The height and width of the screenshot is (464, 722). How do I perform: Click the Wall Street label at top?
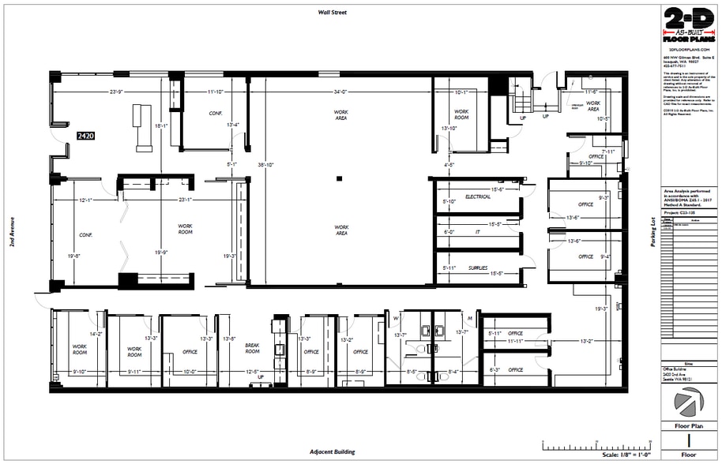[333, 13]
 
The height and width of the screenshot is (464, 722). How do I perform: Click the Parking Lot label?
[652, 233]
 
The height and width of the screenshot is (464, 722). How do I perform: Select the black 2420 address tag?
[85, 136]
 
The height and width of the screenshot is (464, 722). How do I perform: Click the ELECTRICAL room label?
[478, 196]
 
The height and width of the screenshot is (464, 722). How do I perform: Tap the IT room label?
[478, 232]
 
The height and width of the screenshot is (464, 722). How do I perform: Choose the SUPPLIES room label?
[478, 268]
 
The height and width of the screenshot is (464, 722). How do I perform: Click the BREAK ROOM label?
[252, 348]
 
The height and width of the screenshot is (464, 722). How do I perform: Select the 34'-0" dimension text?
[340, 92]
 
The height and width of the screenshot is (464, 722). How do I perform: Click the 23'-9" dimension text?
[116, 92]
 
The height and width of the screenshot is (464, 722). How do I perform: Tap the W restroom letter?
[396, 318]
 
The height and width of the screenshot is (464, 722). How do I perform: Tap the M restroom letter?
[470, 318]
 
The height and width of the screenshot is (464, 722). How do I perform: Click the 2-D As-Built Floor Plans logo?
[689, 26]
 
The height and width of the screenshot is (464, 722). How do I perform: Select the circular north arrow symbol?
[689, 403]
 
